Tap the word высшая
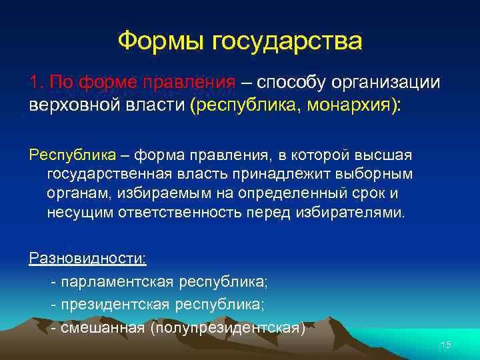point(388,155)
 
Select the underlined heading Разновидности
point(88,259)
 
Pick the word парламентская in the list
point(117,282)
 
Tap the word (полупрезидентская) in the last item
point(228,328)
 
